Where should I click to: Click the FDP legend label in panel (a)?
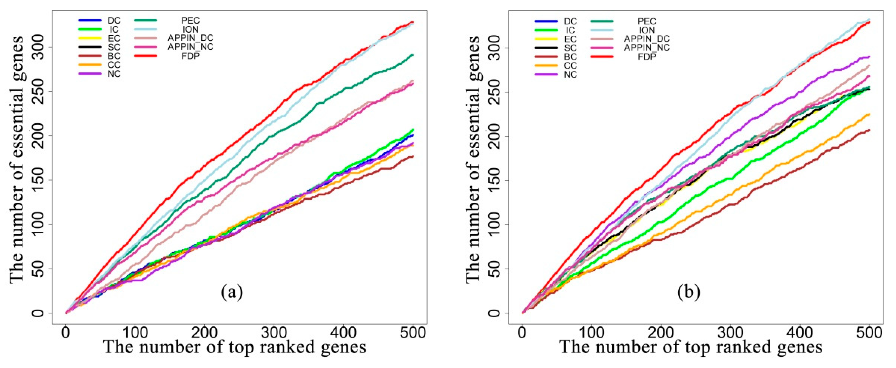click(190, 56)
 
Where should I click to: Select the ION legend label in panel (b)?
click(647, 30)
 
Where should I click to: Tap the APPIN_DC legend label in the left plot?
click(190, 38)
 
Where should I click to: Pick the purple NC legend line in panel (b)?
click(546, 74)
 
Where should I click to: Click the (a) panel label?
click(232, 292)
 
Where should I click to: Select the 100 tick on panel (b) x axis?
click(591, 333)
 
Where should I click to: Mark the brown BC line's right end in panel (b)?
click(869, 130)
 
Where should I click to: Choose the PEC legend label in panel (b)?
click(647, 22)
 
